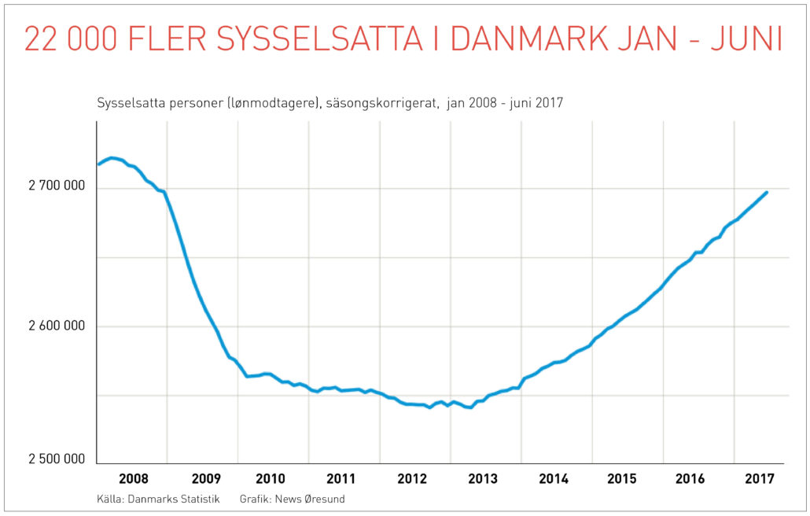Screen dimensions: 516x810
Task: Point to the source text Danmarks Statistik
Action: pos(172,499)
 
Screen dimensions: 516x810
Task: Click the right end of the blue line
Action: pos(767,192)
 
